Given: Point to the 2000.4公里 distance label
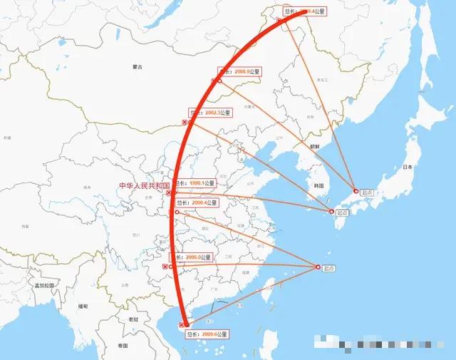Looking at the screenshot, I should (196, 203).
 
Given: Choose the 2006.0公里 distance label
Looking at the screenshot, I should (191, 257).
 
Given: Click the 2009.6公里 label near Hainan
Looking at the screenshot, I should (207, 334).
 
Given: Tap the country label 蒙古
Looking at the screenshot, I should (138, 67).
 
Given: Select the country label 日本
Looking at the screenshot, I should (408, 167).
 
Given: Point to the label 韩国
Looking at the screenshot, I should (318, 185).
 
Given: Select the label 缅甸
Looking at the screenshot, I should (83, 306).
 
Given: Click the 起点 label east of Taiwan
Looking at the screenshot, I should (328, 269).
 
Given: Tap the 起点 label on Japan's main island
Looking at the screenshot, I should (367, 192).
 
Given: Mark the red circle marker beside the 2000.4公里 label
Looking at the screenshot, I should (177, 212).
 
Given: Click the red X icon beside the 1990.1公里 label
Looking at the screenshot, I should (168, 192).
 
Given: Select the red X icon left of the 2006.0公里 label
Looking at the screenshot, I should (165, 267).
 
